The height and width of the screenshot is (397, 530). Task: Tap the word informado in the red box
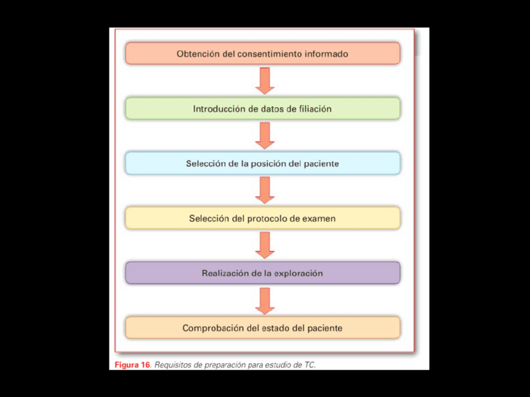[326, 54]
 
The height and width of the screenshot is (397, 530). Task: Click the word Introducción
[219, 109]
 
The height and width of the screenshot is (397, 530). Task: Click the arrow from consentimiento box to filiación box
[265, 81]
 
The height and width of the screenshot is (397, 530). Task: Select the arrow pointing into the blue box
[265, 135]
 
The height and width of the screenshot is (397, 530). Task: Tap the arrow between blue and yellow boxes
[265, 190]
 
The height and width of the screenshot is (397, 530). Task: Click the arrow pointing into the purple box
[265, 245]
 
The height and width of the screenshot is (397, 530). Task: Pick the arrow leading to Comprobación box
[265, 300]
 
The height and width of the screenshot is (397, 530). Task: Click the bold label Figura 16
[132, 365]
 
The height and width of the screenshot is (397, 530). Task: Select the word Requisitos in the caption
[172, 365]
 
